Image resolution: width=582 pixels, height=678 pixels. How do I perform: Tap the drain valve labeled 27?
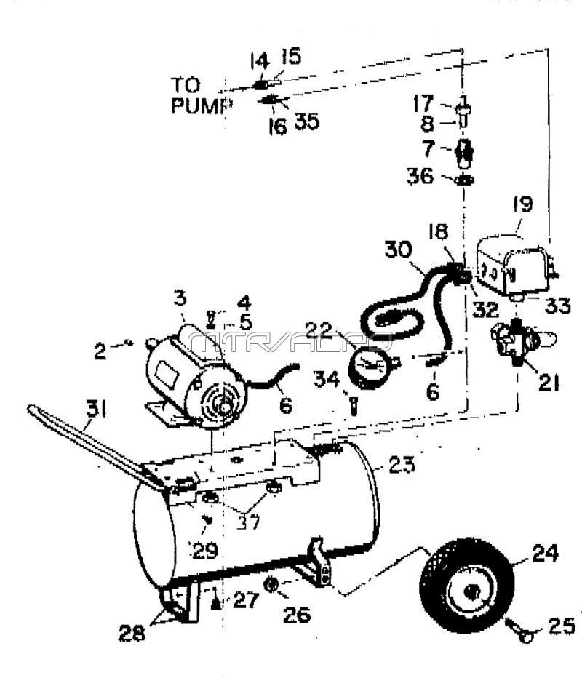click(216, 600)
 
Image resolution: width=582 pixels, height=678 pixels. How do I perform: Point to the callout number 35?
click(306, 121)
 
